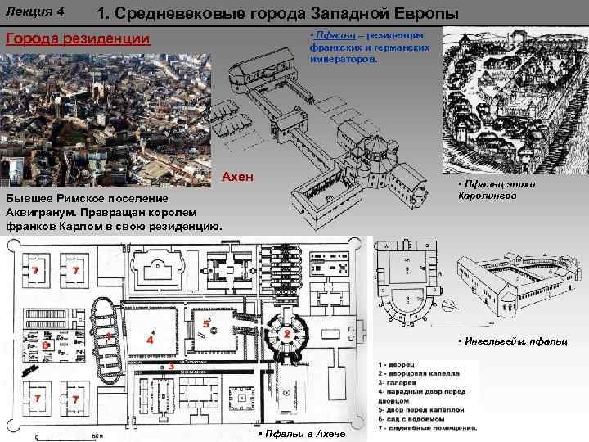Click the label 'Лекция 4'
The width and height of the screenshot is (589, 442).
pos(34,11)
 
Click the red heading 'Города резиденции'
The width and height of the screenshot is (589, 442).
pos(79,39)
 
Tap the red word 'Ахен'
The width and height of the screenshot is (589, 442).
pos(238,177)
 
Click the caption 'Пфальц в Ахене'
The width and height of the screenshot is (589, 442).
pos(301,433)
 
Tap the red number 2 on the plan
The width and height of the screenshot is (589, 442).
pos(287,335)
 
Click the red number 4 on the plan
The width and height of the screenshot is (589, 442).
pos(149,338)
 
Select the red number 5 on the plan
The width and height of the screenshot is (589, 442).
pos(205,324)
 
